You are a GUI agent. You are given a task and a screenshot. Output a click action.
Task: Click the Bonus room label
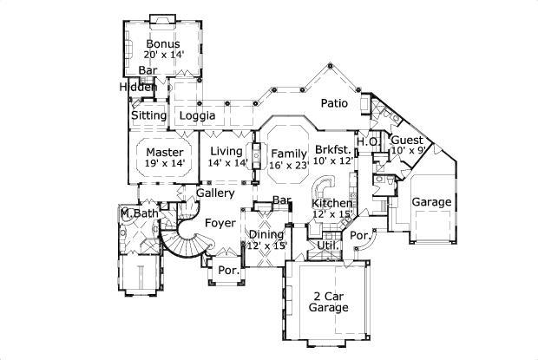[x=162, y=43]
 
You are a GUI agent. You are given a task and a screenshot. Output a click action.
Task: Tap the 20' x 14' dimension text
[x=162, y=55]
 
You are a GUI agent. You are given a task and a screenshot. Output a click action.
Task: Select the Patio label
[x=334, y=103]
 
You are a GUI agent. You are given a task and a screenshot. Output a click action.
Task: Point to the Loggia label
[x=197, y=115]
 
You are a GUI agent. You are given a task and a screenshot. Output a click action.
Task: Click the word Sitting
[x=148, y=115]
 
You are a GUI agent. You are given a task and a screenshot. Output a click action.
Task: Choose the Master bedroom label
[x=164, y=152]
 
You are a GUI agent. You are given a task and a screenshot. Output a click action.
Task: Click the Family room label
[x=289, y=152]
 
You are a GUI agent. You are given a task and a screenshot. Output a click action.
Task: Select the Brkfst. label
[x=333, y=149]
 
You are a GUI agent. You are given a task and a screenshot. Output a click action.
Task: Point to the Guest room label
[x=406, y=141]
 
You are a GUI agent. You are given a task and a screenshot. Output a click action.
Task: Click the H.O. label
[x=368, y=141]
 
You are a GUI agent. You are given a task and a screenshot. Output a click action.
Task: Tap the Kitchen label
[x=332, y=203]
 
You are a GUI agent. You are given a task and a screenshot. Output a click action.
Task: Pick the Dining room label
[x=266, y=235]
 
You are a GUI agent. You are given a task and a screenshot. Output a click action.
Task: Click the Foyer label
[x=220, y=223]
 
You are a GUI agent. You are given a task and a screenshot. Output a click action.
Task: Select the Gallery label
[x=214, y=193]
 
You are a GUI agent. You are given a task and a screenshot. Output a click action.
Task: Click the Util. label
[x=327, y=246]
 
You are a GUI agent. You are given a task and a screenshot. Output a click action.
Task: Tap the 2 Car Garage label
[x=330, y=302]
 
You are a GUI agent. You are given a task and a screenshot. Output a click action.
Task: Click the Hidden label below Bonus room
[x=138, y=87]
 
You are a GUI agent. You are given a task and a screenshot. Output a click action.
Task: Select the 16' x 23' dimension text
[x=289, y=163]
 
